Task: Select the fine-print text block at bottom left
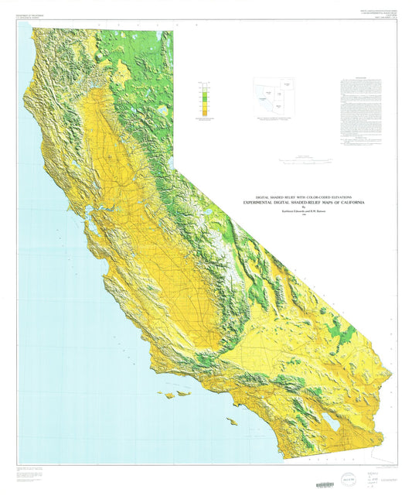(46, 472)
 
